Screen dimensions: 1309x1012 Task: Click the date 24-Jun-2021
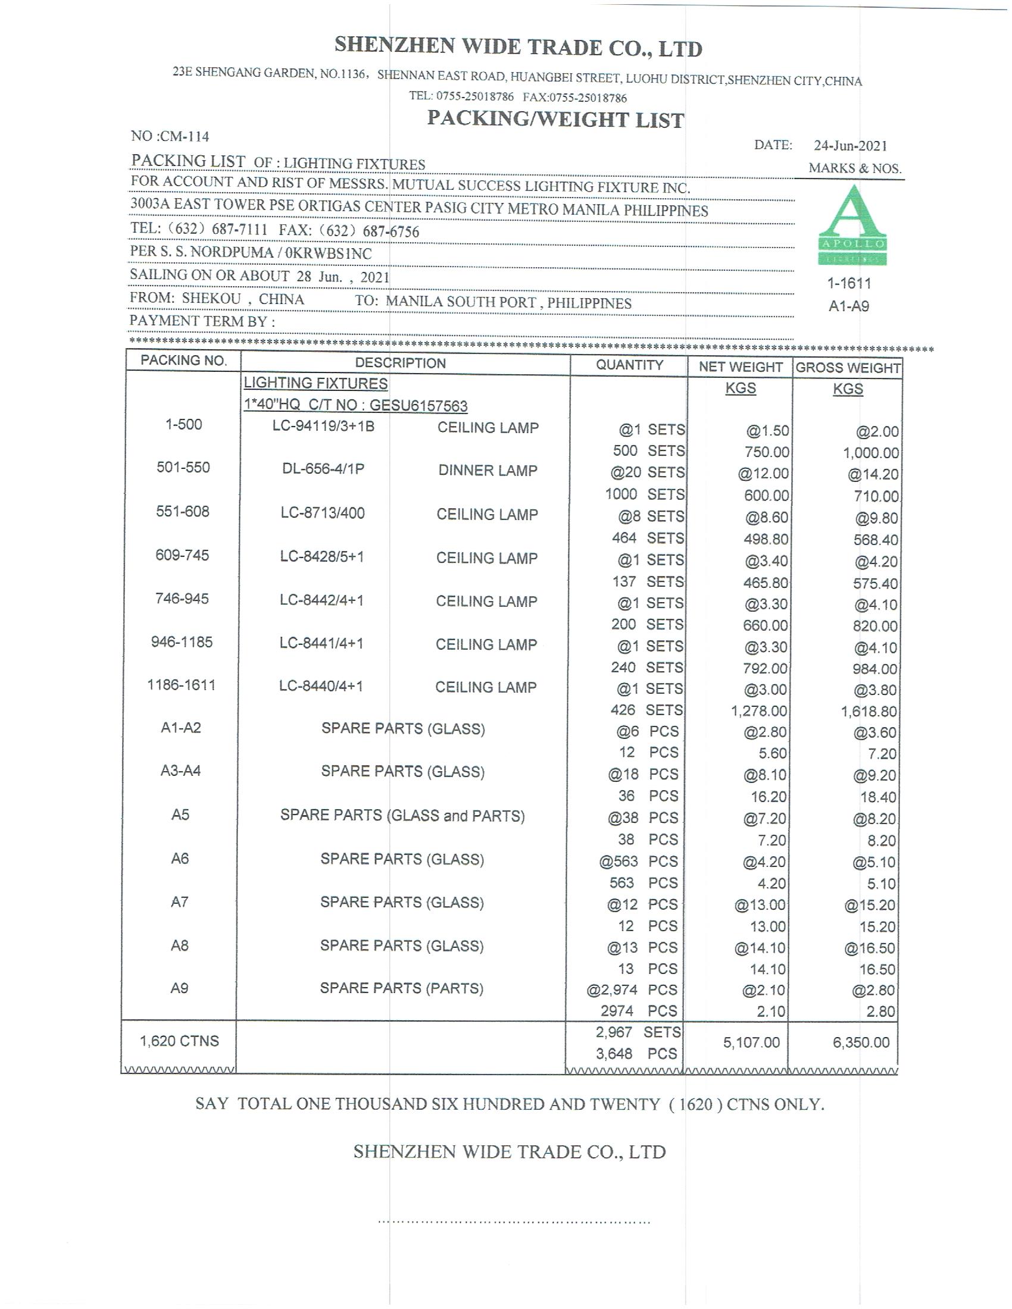(850, 146)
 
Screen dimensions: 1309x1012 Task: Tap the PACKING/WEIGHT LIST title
(555, 120)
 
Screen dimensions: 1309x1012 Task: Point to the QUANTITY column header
(629, 365)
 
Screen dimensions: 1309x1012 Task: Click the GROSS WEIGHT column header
(848, 367)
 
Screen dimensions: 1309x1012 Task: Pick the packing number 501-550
(183, 468)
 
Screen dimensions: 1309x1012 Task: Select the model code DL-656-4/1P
(323, 469)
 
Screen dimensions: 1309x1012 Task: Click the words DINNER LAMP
(488, 471)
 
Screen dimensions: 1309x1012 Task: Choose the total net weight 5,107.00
(751, 1042)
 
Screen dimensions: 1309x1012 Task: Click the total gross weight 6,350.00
(861, 1042)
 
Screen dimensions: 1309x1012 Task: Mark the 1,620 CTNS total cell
(179, 1041)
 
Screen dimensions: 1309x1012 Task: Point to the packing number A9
(179, 988)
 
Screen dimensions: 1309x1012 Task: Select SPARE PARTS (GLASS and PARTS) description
(402, 816)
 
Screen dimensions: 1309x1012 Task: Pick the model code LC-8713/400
(323, 513)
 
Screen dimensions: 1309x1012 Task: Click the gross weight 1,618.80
(869, 712)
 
